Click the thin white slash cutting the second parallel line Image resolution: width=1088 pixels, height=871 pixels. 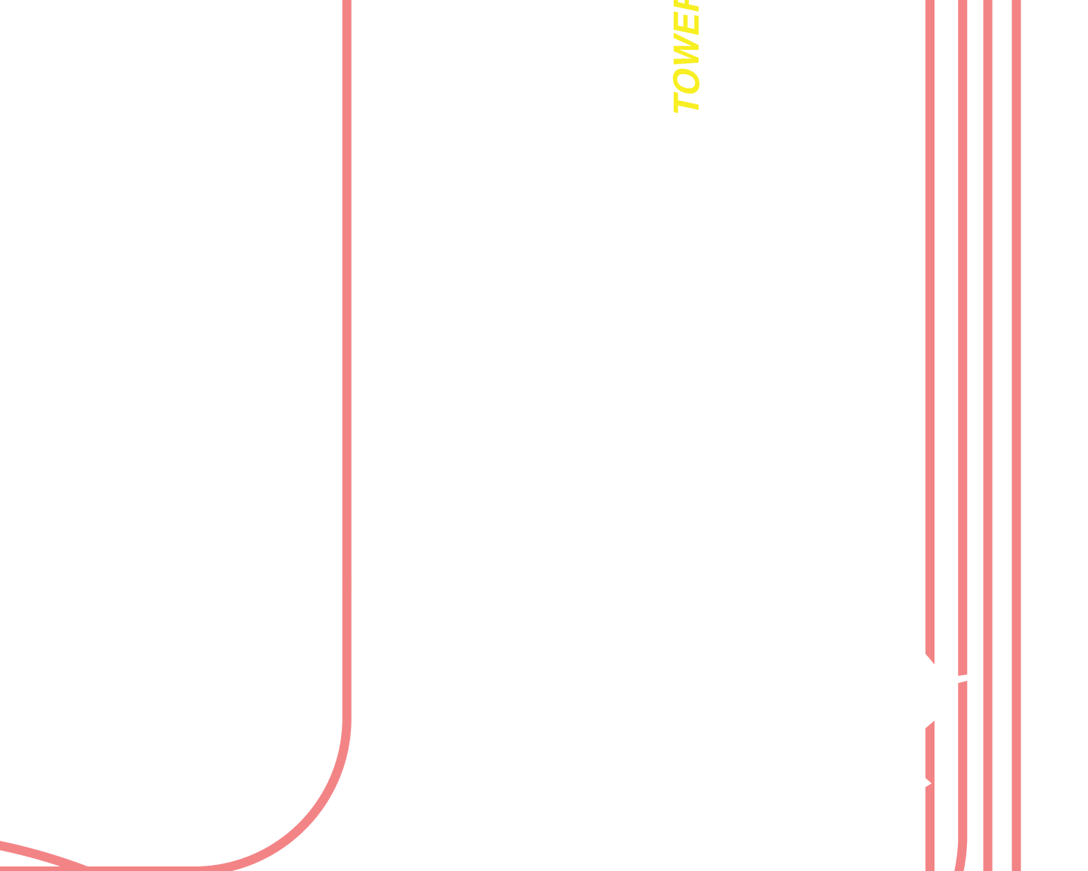pyautogui.click(x=962, y=678)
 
